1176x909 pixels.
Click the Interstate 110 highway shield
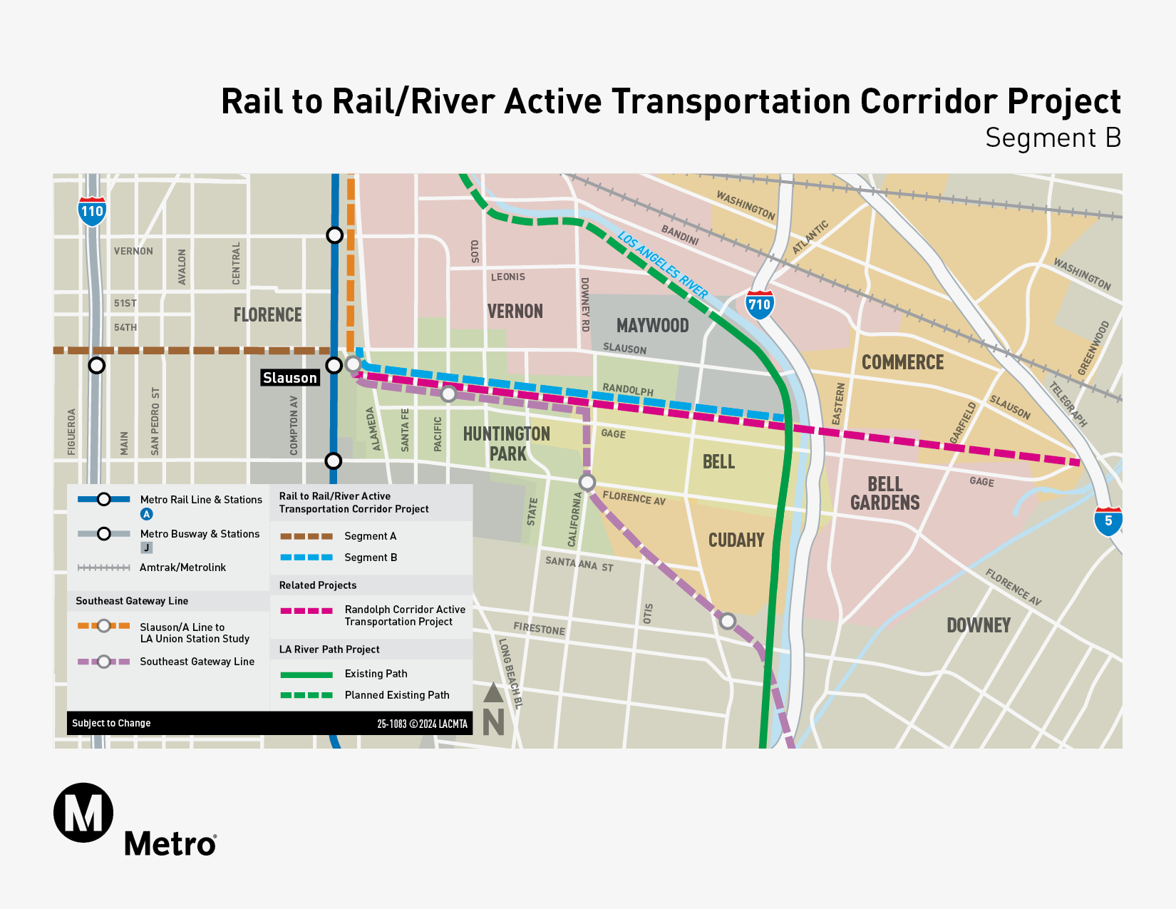pos(92,211)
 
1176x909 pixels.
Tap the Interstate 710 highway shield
pos(759,304)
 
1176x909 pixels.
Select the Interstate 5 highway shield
pos(1108,520)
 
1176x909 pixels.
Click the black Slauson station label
pos(289,378)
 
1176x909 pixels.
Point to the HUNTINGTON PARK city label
pos(507,443)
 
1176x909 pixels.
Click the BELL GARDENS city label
pos(885,493)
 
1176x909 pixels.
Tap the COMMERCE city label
pos(902,362)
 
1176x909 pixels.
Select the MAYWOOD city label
pos(652,326)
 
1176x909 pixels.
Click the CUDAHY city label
pos(736,540)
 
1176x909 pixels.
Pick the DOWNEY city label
pos(979,625)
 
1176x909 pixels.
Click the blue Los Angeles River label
pos(663,265)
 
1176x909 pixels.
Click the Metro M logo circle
pos(83,813)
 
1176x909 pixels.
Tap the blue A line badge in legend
pos(147,514)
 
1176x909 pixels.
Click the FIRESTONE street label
pos(539,629)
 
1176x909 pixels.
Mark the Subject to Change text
pos(111,723)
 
